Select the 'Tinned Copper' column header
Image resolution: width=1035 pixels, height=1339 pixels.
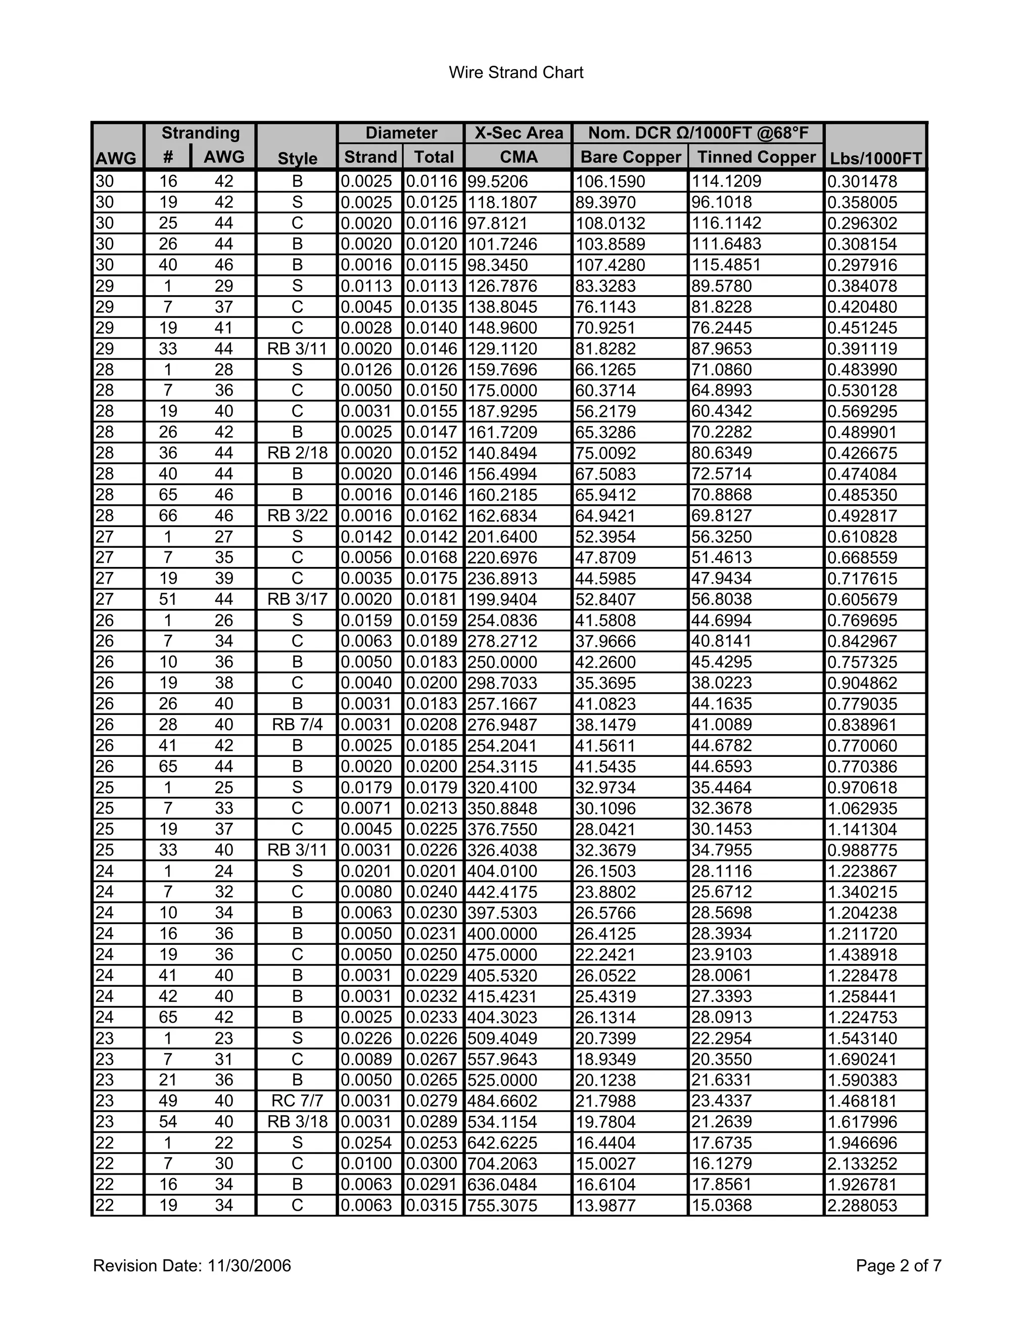(756, 157)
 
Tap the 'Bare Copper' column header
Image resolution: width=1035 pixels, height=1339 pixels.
(630, 157)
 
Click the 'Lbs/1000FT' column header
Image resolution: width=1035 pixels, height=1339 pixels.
(876, 158)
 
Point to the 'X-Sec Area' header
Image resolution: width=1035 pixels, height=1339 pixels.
(519, 133)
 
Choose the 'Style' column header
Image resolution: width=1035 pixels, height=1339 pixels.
(297, 158)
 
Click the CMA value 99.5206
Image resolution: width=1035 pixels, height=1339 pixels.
(497, 181)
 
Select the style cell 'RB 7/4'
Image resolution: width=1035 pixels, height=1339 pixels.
(297, 725)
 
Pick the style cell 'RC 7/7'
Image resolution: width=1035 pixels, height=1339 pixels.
(297, 1101)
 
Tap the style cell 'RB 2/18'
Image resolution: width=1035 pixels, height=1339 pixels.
(297, 453)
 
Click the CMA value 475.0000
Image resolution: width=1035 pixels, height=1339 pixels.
(502, 954)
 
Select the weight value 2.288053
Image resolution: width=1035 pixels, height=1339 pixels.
(862, 1205)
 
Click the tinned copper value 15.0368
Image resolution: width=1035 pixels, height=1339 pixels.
(722, 1205)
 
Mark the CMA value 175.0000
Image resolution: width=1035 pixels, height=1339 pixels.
(502, 391)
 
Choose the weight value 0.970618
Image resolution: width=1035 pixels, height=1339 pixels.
(862, 788)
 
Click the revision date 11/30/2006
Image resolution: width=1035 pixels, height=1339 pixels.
(249, 1265)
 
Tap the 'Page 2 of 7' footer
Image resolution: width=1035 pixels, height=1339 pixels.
(898, 1265)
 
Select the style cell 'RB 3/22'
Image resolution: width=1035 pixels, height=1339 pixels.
(297, 515)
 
